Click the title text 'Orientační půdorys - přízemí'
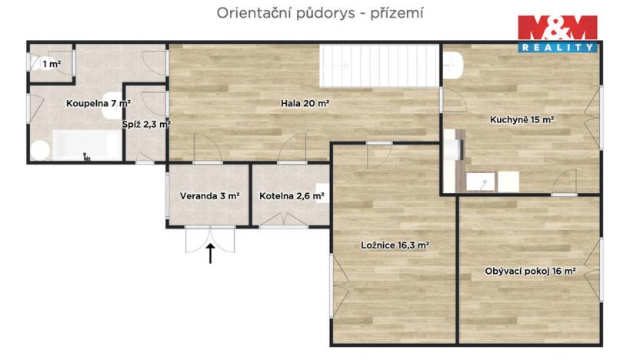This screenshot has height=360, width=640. tap(320, 12)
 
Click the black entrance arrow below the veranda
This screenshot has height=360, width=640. tap(210, 253)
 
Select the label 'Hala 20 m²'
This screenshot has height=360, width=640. tap(305, 103)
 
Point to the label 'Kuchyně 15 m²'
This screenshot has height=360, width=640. tap(522, 119)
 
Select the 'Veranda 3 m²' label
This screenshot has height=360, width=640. tap(209, 196)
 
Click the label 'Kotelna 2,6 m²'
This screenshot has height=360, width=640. tap(291, 196)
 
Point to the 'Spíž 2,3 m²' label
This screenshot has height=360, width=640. tap(145, 123)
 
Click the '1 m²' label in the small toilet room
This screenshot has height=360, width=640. tap(52, 64)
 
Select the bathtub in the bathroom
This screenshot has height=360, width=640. tap(86, 145)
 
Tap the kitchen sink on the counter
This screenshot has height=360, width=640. tap(482, 182)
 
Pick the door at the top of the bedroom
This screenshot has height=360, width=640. tap(379, 155)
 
